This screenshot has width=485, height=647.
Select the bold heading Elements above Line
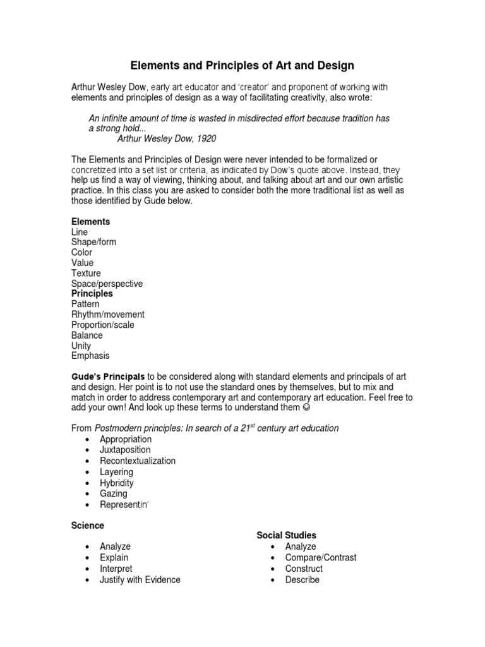point(91,222)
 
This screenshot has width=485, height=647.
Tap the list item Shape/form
point(93,242)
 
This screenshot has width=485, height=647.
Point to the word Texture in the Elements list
point(86,273)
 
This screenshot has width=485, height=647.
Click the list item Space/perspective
point(107,284)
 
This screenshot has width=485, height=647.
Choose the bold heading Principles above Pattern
point(92,294)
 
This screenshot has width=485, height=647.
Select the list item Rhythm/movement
point(107,315)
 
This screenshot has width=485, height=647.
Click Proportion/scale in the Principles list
point(103,325)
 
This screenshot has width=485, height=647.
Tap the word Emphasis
point(90,356)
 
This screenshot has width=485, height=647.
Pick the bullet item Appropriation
point(126,439)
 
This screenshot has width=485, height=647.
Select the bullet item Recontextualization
point(138,461)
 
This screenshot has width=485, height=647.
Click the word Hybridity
point(117,483)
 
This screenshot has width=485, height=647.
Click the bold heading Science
point(88,526)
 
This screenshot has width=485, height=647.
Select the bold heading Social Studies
point(286,535)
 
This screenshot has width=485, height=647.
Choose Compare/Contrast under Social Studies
point(320,557)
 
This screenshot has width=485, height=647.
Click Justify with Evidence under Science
point(140,579)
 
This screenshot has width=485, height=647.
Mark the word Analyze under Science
point(115,546)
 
